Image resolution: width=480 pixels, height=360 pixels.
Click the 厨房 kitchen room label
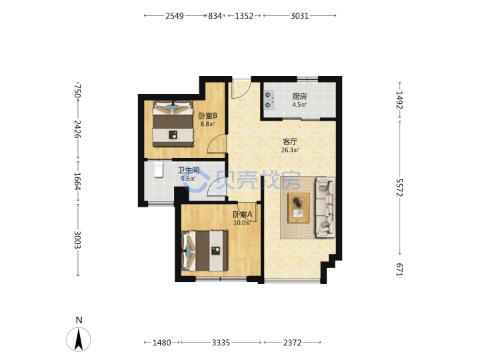[x=299, y=97]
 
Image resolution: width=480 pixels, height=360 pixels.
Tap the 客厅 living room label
[x=290, y=142]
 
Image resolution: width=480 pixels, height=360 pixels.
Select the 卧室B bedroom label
[x=208, y=116]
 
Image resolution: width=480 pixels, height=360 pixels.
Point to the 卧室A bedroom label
[x=243, y=215]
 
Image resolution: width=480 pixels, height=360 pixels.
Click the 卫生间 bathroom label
[x=189, y=170]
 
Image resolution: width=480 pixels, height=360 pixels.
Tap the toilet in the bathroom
[x=158, y=169]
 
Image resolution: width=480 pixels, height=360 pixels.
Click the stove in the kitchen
[x=269, y=100]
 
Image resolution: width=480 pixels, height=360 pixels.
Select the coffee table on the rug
[x=299, y=208]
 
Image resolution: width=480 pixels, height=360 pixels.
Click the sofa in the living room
[x=325, y=207]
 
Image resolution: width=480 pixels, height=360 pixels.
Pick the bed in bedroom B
[x=173, y=124]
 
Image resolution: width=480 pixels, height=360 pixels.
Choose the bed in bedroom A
[x=205, y=251]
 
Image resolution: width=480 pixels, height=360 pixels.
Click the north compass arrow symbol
[x=79, y=339]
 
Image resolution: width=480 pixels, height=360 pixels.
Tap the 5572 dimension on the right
[x=399, y=187]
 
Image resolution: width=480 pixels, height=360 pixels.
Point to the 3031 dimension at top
[x=299, y=15]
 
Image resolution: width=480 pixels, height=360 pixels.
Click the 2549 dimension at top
[x=175, y=15]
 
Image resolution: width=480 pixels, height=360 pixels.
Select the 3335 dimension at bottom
[x=221, y=343]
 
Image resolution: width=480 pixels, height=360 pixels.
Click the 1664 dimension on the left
[x=77, y=181]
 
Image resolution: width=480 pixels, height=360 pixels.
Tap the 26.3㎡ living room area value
[x=290, y=150]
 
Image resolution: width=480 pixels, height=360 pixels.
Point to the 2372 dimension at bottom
[x=292, y=343]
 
